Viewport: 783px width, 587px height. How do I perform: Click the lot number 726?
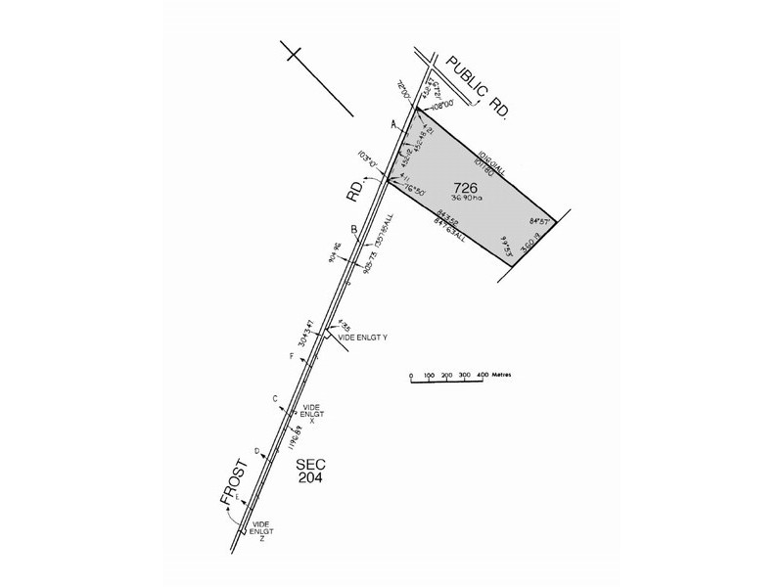466,188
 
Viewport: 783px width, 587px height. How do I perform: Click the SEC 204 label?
308,470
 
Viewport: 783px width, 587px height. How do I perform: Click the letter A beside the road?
393,124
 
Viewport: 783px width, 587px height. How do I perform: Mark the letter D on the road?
256,451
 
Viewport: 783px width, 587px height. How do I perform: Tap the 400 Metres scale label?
495,375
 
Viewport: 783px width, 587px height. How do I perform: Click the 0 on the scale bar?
412,375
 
